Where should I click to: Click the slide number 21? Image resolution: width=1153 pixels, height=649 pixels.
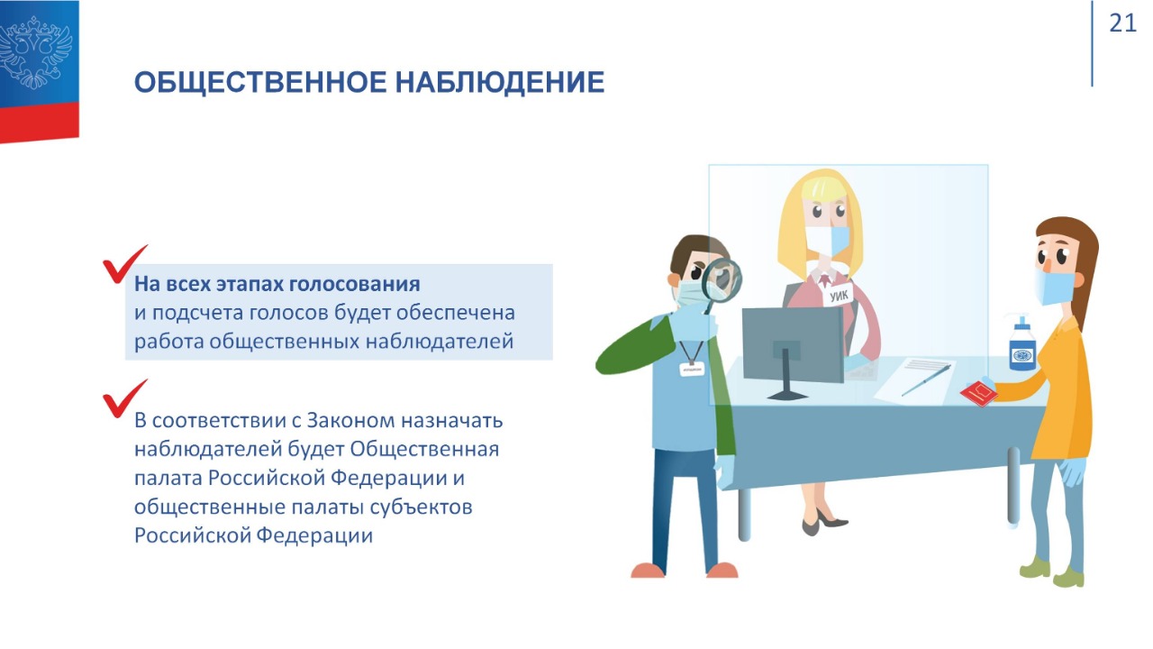pyautogui.click(x=1122, y=23)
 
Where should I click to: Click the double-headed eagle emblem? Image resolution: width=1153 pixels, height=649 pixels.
pyautogui.click(x=36, y=52)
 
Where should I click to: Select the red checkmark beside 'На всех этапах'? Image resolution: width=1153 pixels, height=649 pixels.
pyautogui.click(x=125, y=264)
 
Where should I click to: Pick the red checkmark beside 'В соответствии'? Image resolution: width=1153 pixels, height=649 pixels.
pyautogui.click(x=125, y=398)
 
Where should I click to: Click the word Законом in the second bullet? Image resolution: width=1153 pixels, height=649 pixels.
pyautogui.click(x=351, y=420)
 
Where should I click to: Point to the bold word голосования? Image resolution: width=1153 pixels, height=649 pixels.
pyautogui.click(x=354, y=284)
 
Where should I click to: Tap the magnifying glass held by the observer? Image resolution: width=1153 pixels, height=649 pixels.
pyautogui.click(x=721, y=282)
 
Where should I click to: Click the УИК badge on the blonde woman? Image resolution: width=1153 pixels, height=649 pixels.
pyautogui.click(x=839, y=296)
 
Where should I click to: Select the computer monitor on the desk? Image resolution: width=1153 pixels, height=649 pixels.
pyautogui.click(x=793, y=351)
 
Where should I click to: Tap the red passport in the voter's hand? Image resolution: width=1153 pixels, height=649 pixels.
pyautogui.click(x=978, y=394)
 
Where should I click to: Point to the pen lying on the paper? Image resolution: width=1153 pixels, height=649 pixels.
pyautogui.click(x=926, y=380)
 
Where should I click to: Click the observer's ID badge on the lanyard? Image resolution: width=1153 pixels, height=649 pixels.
pyautogui.click(x=692, y=369)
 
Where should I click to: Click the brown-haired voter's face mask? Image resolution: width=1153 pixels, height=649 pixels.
pyautogui.click(x=1053, y=287)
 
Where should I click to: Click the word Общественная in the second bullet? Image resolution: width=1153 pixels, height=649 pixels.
pyautogui.click(x=424, y=449)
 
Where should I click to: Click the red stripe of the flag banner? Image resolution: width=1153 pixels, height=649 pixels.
pyautogui.click(x=39, y=121)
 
